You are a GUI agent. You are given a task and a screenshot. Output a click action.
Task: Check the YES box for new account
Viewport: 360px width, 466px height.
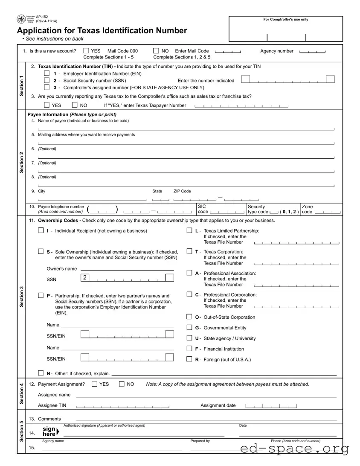[x=86, y=51]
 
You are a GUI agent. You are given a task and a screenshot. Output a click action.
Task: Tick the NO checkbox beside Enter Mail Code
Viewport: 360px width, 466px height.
[x=156, y=51]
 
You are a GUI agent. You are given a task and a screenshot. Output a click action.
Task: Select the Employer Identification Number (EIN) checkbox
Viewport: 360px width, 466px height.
[x=47, y=73]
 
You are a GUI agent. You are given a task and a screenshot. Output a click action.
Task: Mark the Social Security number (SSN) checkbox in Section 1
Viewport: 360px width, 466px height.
[x=47, y=80]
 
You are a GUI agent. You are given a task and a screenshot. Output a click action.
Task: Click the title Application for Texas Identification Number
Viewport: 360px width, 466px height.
[x=102, y=31]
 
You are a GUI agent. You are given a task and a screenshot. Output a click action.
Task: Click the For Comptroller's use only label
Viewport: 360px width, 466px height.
[x=285, y=20]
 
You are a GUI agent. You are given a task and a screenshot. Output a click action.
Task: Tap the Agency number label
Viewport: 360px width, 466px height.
[x=277, y=51]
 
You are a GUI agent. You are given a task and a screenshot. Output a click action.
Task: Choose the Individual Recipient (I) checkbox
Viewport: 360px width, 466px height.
[x=41, y=230]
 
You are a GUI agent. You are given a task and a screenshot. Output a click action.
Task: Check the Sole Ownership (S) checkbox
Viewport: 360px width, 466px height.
[x=41, y=251]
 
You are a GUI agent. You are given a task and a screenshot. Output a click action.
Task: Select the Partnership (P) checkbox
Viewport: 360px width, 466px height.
[x=41, y=295]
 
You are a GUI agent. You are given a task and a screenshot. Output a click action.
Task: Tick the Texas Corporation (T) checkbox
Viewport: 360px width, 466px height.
[x=189, y=251]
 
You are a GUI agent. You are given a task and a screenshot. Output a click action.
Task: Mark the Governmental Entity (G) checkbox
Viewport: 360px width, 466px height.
[x=189, y=327]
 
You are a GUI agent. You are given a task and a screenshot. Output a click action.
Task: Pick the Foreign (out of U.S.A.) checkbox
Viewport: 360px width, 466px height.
[x=189, y=359]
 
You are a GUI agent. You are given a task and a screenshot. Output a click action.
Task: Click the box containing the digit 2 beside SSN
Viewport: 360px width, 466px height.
[x=85, y=278]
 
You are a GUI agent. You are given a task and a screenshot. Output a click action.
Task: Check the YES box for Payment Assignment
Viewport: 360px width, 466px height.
[x=95, y=384]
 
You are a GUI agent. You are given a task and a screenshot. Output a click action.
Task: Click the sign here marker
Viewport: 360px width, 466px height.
[x=50, y=431]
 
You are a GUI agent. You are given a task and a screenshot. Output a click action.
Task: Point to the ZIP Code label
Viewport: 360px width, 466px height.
[x=182, y=191]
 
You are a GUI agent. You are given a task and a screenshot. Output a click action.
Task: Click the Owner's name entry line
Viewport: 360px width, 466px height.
[x=127, y=269]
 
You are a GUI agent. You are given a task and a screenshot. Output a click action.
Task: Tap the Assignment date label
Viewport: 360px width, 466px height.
[x=218, y=405]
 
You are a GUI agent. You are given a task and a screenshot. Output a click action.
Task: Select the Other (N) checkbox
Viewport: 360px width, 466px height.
[x=41, y=373]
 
